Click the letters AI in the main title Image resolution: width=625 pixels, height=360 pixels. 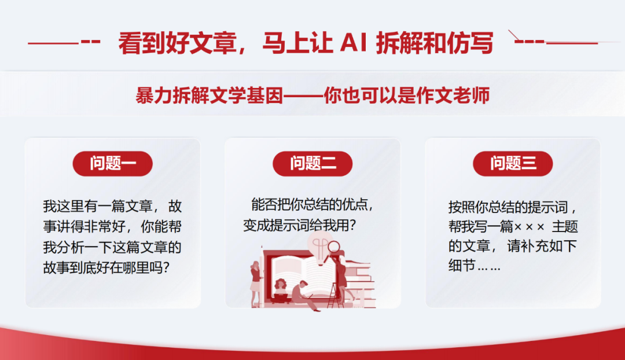click(353, 43)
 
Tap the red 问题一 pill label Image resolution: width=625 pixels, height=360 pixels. click(113, 163)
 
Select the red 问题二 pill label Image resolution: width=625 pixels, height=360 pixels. click(312, 163)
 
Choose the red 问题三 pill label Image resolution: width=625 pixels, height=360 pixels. click(513, 163)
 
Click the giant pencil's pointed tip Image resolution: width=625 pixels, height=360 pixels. click(262, 247)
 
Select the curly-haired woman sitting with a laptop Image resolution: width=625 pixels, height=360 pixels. click(281, 292)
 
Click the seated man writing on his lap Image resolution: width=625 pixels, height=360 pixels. click(304, 296)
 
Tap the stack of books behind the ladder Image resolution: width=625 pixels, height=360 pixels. click(361, 284)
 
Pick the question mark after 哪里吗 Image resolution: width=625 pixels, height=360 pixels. click(166, 267)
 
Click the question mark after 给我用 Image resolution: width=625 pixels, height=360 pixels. click(352, 226)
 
